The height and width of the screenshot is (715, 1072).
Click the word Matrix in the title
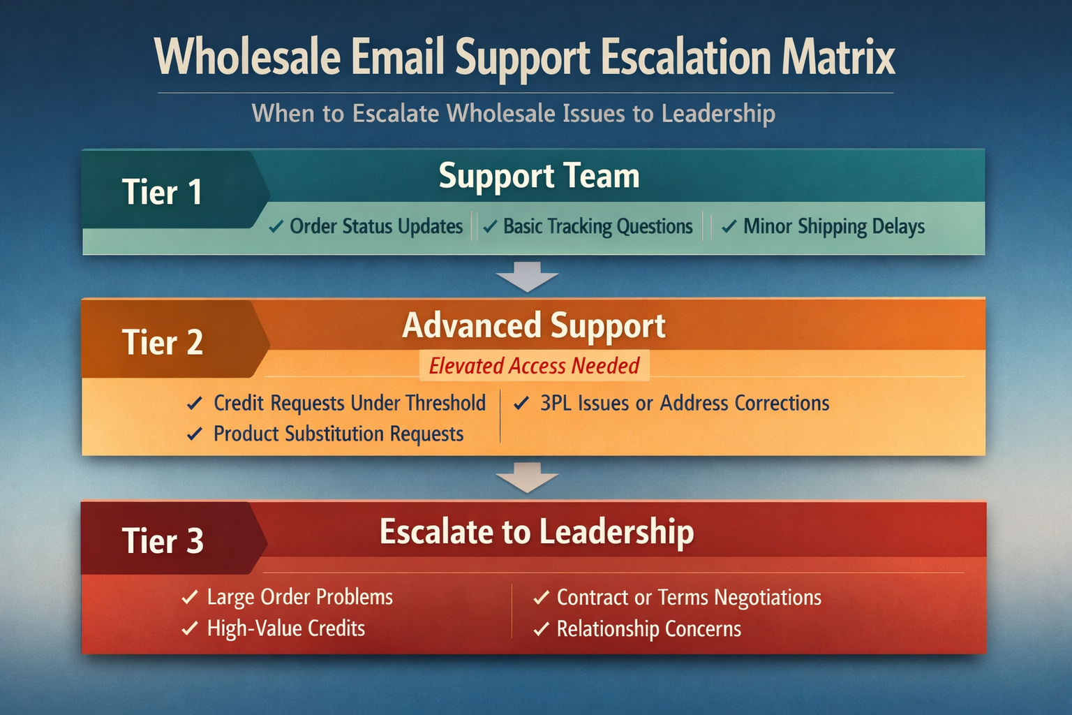837,57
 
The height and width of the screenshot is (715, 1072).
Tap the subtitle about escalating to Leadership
513,113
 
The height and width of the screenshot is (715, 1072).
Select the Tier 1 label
162,192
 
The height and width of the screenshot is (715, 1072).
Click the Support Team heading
539,176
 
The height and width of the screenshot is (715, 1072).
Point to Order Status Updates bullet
375,226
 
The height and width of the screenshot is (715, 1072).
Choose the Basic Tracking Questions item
597,226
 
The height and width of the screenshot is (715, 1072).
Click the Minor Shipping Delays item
833,226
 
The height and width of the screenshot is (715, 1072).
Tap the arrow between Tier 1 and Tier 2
527,277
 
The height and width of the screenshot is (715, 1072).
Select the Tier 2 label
162,342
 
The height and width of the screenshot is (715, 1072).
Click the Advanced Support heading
534,326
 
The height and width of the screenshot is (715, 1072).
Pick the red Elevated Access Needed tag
534,365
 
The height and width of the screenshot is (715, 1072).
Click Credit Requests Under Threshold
349,403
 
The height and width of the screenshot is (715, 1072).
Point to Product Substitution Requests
338,434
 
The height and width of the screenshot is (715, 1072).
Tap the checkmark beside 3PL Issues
521,403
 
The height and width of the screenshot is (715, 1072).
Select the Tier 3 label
162,541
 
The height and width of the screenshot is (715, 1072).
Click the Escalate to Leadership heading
536,532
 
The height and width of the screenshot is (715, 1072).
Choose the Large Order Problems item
299,597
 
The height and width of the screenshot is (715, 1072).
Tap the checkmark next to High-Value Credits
190,628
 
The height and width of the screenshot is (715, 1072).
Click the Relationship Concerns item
648,628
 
